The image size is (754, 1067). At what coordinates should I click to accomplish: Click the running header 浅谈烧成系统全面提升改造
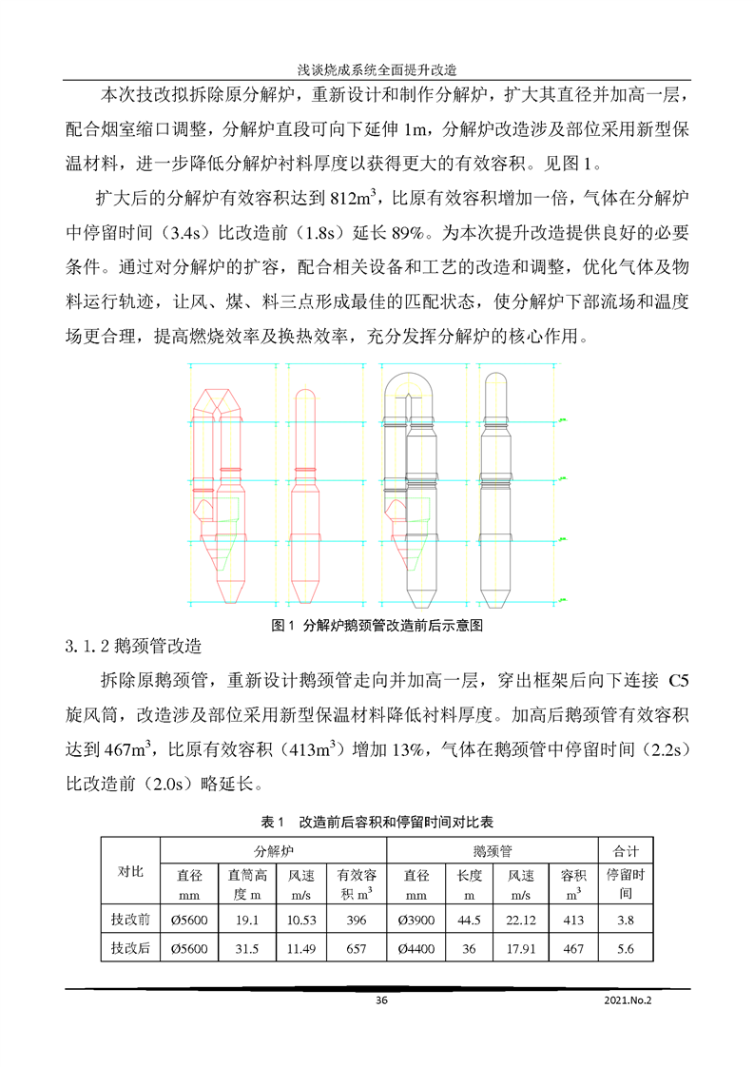click(377, 69)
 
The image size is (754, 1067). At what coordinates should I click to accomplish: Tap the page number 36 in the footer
click(382, 1000)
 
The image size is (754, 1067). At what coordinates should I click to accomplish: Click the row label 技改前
click(130, 920)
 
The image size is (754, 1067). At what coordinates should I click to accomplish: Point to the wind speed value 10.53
click(300, 920)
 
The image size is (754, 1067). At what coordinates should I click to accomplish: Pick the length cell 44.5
click(468, 920)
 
